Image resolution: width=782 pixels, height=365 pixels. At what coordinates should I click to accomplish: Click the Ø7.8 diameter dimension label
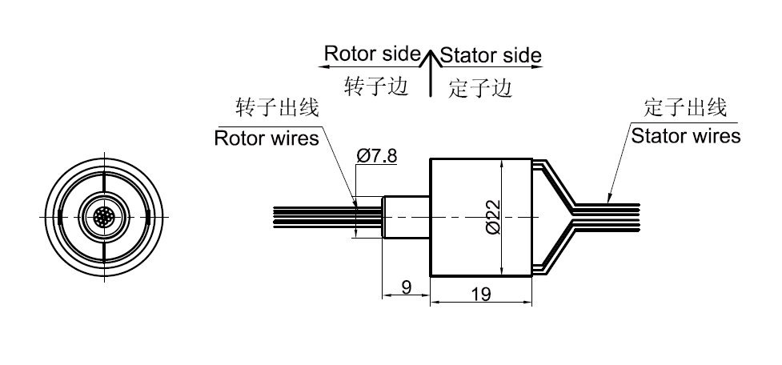pyautogui.click(x=377, y=155)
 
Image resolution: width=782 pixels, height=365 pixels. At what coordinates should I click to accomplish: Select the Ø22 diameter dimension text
pyautogui.click(x=492, y=216)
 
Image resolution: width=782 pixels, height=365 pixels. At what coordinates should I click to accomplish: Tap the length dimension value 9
pyautogui.click(x=407, y=287)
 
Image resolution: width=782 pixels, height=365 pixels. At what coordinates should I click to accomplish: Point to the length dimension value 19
pyautogui.click(x=481, y=294)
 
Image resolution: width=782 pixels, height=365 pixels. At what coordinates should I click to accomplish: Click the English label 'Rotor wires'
pyautogui.click(x=267, y=138)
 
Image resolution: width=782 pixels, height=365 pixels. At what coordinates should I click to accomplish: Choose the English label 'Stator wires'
pyautogui.click(x=686, y=135)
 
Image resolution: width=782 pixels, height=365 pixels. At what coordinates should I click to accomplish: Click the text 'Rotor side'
pyautogui.click(x=371, y=54)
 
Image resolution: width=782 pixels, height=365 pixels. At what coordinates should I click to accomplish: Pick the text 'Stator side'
pyautogui.click(x=491, y=55)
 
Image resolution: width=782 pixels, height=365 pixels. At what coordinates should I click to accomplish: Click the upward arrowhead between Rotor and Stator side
pyautogui.click(x=431, y=56)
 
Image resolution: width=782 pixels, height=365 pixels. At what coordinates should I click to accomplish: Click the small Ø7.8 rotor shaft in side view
pyautogui.click(x=406, y=217)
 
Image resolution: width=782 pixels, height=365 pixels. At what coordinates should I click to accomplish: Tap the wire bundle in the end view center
pyautogui.click(x=104, y=217)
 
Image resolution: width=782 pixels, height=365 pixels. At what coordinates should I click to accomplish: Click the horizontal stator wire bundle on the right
pyautogui.click(x=608, y=217)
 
